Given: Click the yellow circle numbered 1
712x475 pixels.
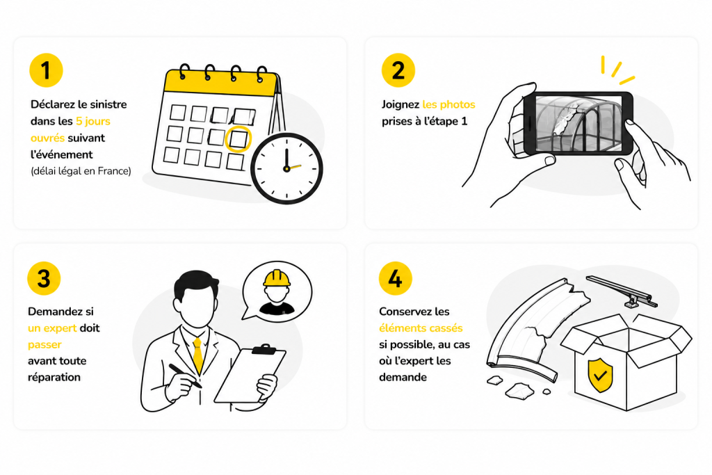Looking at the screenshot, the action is (x=46, y=70).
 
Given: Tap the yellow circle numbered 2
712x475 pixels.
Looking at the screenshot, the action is (x=398, y=70).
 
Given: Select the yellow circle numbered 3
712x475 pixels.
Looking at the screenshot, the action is (x=44, y=278).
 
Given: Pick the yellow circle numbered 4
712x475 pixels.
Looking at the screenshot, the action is (x=396, y=278).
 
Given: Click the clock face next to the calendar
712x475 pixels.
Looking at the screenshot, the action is (x=286, y=168).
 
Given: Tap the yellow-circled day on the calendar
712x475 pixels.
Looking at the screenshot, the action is (x=238, y=139).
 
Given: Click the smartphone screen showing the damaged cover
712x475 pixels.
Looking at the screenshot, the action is (x=579, y=123).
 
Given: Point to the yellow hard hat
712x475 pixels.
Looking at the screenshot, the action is (x=277, y=278).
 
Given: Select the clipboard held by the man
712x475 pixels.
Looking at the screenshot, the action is (x=250, y=374).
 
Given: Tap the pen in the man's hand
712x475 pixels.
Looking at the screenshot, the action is (x=185, y=376).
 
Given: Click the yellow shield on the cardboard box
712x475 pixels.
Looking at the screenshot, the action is (x=600, y=375).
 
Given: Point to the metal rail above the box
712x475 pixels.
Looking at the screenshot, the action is (x=622, y=291).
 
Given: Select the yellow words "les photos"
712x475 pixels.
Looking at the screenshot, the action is (x=448, y=104).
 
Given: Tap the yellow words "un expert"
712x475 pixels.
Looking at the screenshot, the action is (x=52, y=328).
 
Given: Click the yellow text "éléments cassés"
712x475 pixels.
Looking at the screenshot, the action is (x=421, y=328).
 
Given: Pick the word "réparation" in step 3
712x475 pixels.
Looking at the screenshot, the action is (x=54, y=378).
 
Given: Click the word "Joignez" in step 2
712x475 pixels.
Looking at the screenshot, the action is (x=400, y=105).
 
